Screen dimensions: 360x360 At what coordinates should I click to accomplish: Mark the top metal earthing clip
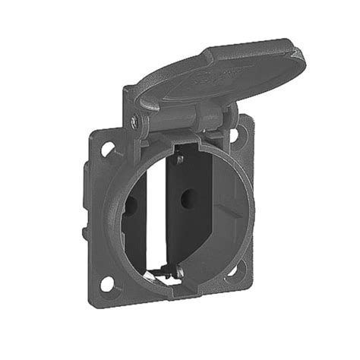[179, 159]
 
